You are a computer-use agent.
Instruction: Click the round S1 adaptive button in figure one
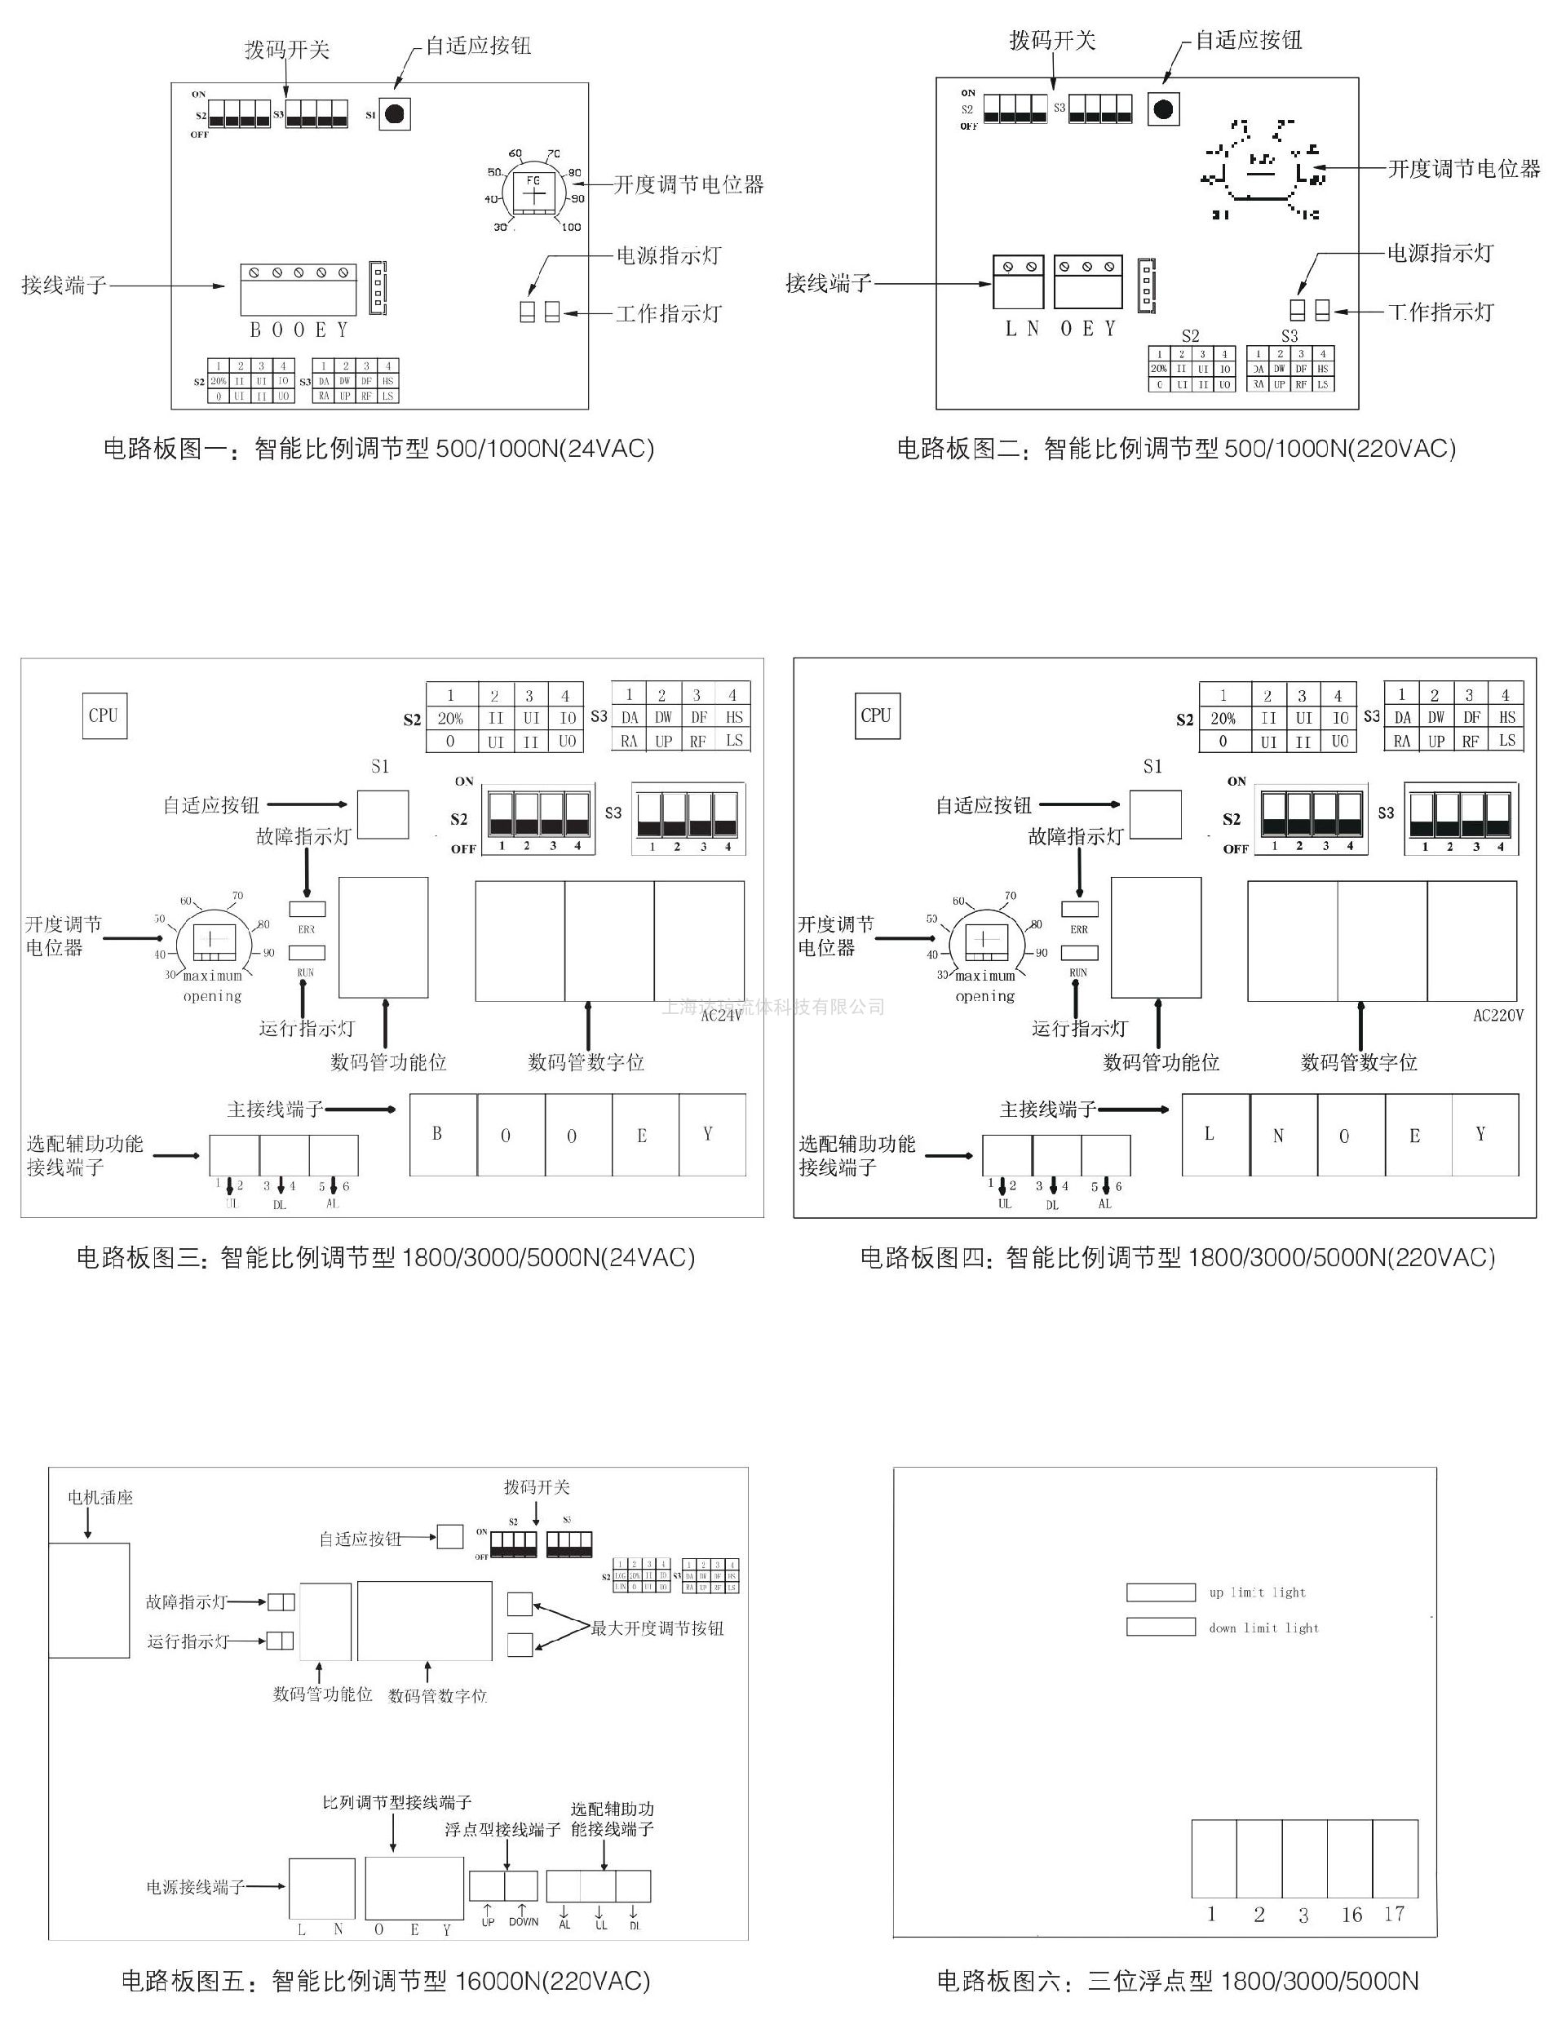tap(395, 113)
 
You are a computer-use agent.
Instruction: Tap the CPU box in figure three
tap(104, 715)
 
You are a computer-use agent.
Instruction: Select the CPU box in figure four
tap(877, 715)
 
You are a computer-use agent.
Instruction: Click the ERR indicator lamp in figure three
tap(307, 909)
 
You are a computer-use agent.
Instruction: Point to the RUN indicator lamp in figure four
tap(1079, 952)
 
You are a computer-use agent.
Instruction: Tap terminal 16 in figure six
tap(1350, 1858)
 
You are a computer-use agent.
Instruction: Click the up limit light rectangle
tap(1161, 1592)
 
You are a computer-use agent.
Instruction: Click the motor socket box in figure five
tap(88, 1600)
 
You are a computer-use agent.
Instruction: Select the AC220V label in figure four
tap(1498, 1016)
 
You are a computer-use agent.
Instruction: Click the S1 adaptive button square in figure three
tap(383, 814)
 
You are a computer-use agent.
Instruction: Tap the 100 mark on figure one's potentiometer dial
tap(571, 227)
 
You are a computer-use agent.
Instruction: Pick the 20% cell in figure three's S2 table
tap(450, 719)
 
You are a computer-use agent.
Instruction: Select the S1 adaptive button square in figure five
tap(450, 1536)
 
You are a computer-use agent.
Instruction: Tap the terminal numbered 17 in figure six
tap(1396, 1858)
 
